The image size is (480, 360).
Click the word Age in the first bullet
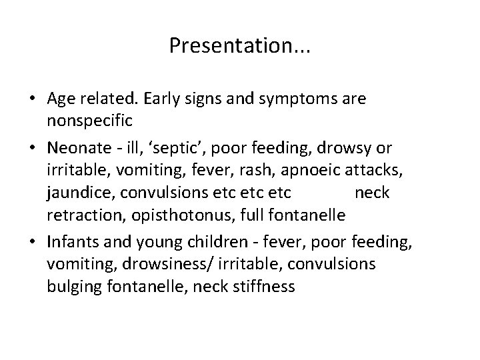click(62, 99)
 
